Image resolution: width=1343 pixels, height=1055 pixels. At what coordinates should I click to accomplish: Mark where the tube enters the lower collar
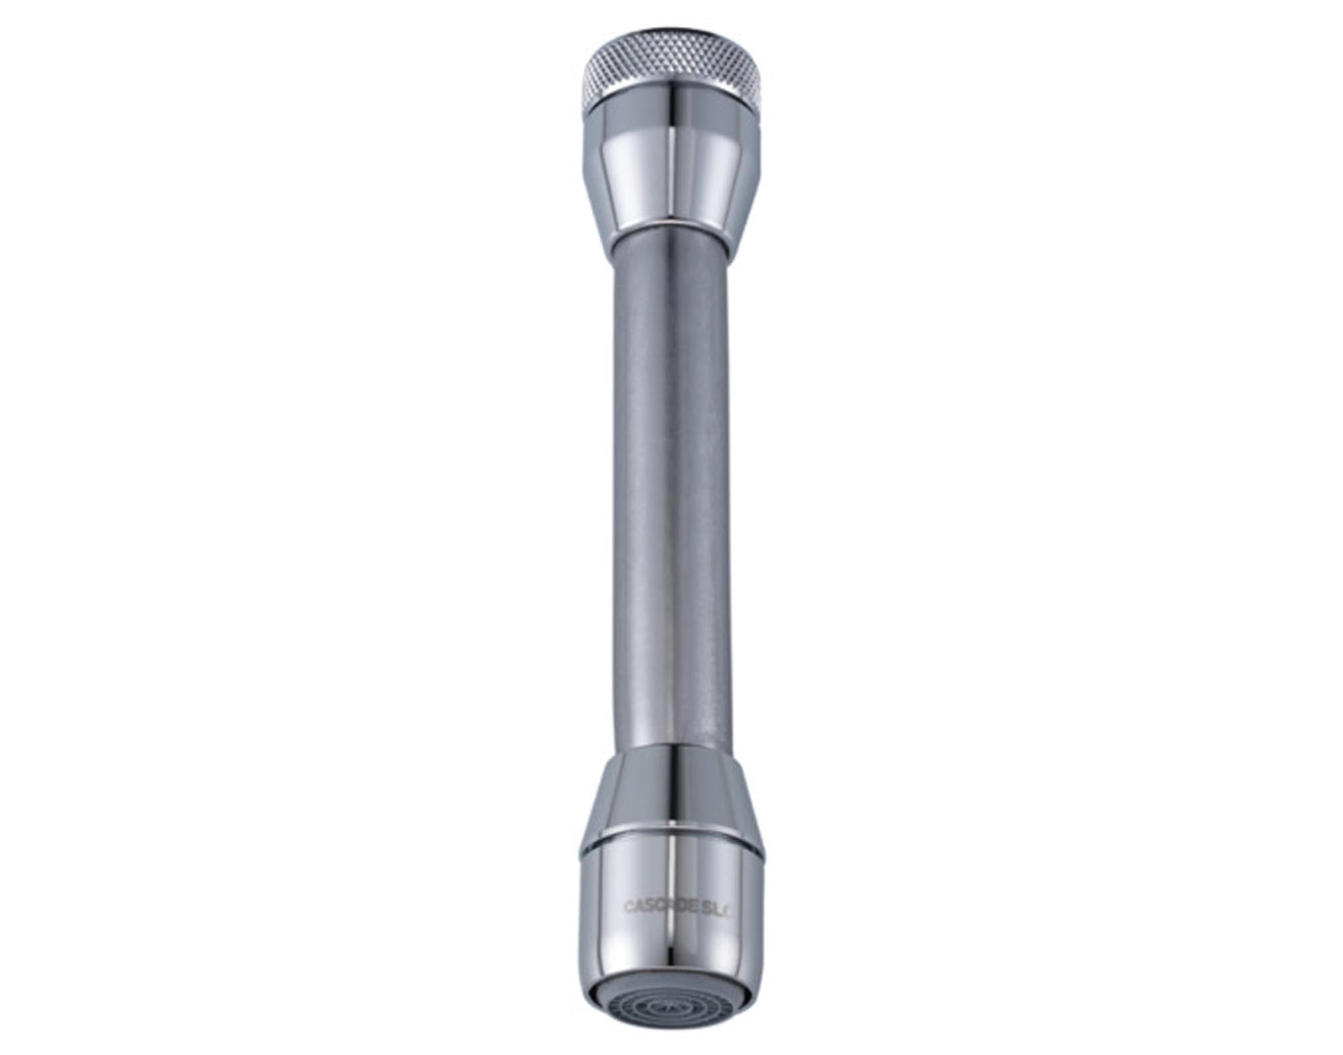pos(671,750)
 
